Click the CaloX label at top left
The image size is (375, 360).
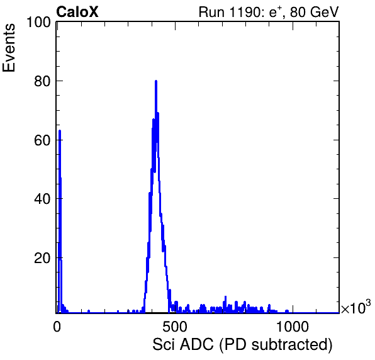tap(77, 12)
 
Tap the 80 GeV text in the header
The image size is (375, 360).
tap(314, 12)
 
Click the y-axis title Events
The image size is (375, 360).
tap(9, 48)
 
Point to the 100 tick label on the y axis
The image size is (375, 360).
tap(39, 22)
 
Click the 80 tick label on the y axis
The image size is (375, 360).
tap(42, 81)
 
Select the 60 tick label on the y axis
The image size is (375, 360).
tap(42, 140)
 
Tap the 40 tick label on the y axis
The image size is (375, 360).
tap(42, 200)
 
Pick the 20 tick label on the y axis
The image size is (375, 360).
tap(42, 258)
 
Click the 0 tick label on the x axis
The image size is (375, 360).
tap(57, 327)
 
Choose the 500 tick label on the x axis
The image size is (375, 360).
tap(174, 327)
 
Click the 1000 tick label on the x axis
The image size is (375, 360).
tap(292, 327)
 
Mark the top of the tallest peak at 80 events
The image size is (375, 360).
tap(156, 81)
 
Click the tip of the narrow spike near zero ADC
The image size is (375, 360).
tap(60, 130)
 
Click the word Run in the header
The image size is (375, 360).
tap(211, 12)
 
